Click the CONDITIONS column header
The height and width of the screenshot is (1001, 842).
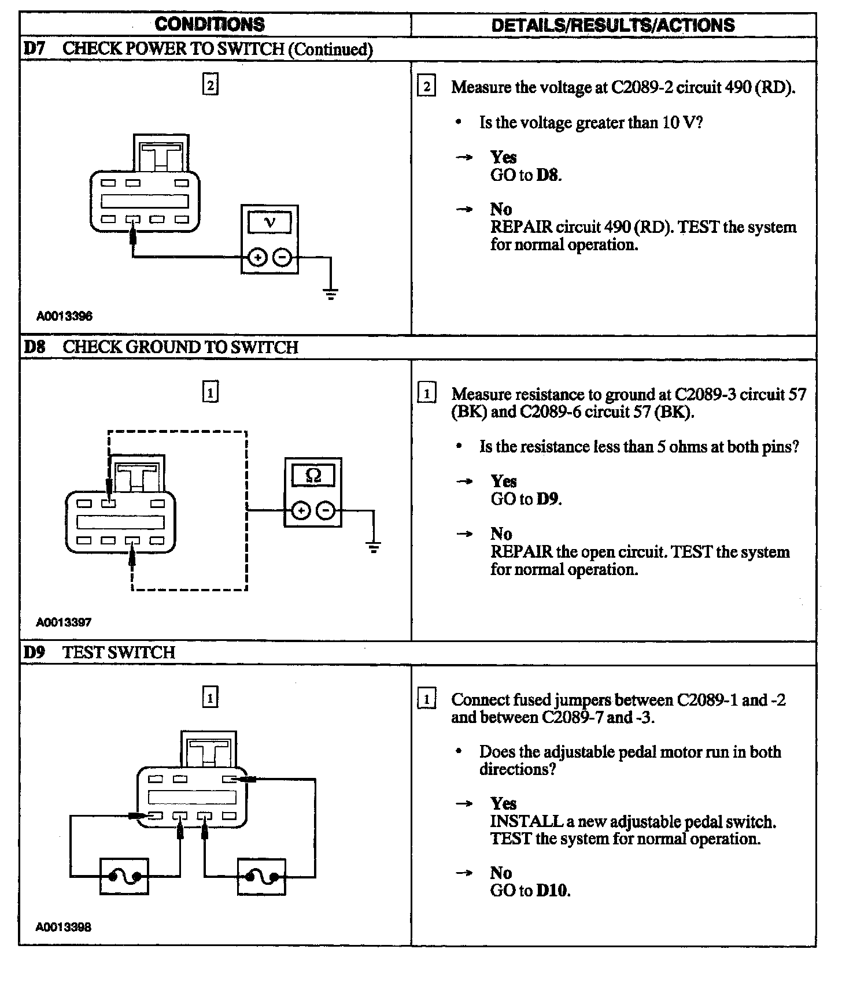click(x=209, y=24)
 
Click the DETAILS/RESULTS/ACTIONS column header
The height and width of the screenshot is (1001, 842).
click(x=613, y=25)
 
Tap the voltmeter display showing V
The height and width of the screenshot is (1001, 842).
click(x=269, y=223)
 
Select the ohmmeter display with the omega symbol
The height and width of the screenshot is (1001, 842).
click(x=313, y=475)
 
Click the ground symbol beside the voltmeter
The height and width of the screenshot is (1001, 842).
click(x=331, y=295)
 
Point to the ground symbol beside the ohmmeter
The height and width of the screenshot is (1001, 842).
click(x=374, y=547)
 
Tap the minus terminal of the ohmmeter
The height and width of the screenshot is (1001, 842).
click(x=326, y=510)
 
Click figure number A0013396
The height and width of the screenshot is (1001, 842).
click(x=64, y=316)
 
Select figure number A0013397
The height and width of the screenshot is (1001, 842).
click(x=64, y=622)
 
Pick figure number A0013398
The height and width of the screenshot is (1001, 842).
click(x=64, y=927)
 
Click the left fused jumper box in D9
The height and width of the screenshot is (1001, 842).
click(x=124, y=877)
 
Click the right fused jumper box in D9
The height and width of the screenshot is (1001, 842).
click(x=261, y=877)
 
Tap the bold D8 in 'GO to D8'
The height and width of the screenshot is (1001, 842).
click(x=548, y=175)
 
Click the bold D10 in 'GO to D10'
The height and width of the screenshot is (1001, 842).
click(x=552, y=890)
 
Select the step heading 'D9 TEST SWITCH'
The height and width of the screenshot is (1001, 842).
click(x=99, y=652)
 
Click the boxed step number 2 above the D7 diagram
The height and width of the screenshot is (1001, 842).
click(x=210, y=86)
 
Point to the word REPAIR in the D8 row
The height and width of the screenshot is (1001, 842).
click(x=521, y=551)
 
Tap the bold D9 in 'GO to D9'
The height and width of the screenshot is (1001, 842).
click(x=548, y=499)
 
